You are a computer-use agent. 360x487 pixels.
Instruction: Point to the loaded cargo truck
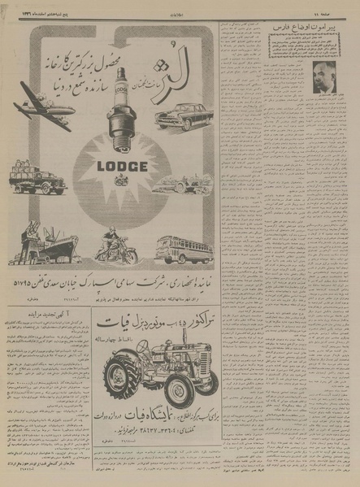(x=37, y=180)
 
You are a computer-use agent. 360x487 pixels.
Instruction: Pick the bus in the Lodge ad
(x=184, y=247)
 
